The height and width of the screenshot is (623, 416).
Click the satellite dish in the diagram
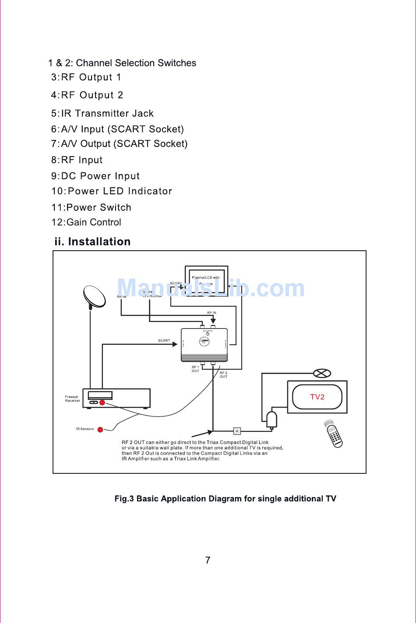(95, 297)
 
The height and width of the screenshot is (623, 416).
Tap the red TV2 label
(317, 397)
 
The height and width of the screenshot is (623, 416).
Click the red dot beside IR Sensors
(100, 429)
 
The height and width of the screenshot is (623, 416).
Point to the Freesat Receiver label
(72, 399)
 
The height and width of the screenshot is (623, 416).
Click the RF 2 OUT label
(223, 374)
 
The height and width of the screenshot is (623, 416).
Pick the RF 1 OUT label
(195, 369)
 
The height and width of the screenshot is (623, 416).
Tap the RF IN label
(212, 313)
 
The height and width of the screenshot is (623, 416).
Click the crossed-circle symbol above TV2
(322, 373)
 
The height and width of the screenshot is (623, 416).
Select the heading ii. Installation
(92, 242)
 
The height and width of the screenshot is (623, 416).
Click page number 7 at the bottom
(208, 560)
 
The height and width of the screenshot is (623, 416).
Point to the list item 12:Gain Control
(86, 222)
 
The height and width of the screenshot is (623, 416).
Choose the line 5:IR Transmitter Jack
(102, 114)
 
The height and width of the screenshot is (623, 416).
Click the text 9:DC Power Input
(95, 176)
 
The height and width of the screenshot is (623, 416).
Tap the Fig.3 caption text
(225, 499)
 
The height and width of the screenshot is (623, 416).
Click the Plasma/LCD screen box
(206, 280)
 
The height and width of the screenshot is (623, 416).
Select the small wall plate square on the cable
(237, 430)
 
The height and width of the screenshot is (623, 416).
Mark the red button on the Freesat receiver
(102, 402)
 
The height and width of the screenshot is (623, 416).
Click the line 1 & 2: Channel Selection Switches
(122, 63)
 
